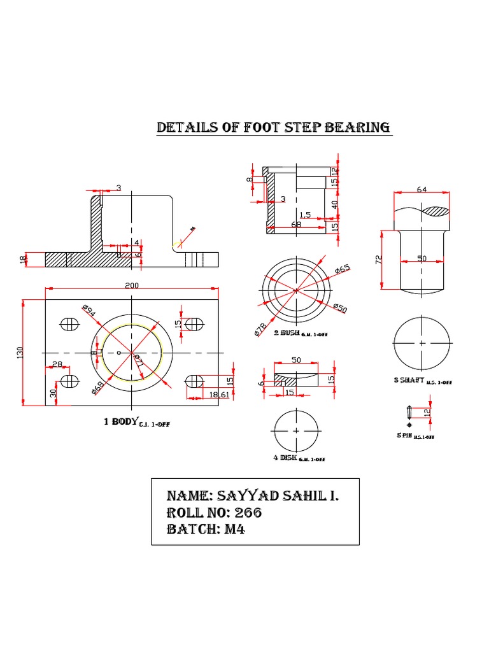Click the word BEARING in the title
(357, 127)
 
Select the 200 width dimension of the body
(132, 286)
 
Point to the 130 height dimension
(19, 352)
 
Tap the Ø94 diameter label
(89, 311)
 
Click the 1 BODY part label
(120, 422)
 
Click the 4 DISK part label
(286, 457)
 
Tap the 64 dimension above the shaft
(422, 189)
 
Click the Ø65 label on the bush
(343, 270)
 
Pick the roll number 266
(248, 513)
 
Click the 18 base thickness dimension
(24, 260)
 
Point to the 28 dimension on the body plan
(57, 364)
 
